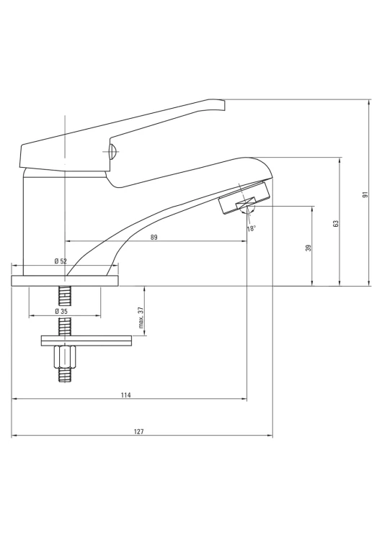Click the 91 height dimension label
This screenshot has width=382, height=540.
pyautogui.click(x=366, y=194)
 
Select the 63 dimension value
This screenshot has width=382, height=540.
pyautogui.click(x=336, y=223)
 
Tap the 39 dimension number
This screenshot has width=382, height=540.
pyautogui.click(x=308, y=248)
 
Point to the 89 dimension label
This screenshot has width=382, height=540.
pyautogui.click(x=154, y=237)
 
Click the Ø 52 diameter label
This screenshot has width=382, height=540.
pyautogui.click(x=61, y=261)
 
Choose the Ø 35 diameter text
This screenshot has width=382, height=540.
pyautogui.click(x=61, y=311)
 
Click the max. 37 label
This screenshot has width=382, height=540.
pyautogui.click(x=141, y=317)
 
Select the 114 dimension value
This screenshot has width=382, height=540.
pyautogui.click(x=126, y=395)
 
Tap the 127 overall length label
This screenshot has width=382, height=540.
pyautogui.click(x=138, y=431)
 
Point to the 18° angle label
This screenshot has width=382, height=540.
pyautogui.click(x=252, y=229)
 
